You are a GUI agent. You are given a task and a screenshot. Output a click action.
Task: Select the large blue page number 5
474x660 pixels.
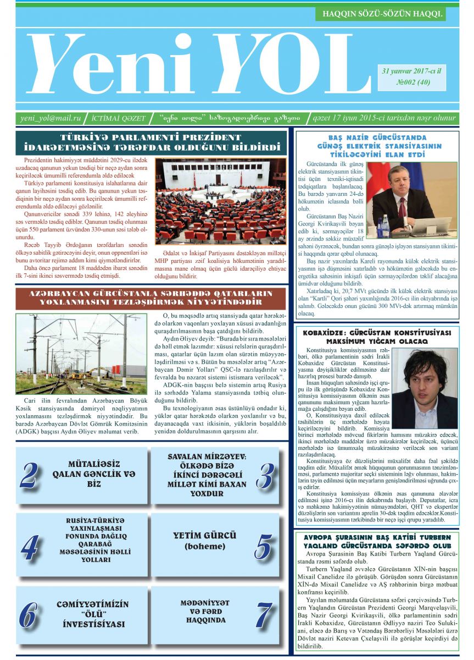point(265,546)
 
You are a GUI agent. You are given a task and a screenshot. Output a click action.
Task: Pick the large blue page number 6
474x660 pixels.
point(29,615)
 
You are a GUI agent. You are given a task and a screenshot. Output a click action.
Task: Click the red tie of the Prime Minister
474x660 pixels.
point(403,206)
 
